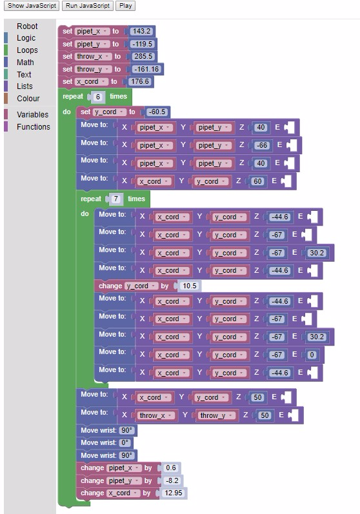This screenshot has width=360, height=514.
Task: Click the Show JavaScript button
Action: click(x=33, y=6)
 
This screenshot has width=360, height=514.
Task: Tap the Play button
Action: click(x=125, y=6)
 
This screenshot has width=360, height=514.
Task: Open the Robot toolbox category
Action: click(x=27, y=26)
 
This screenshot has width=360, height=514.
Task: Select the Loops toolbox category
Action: click(x=27, y=50)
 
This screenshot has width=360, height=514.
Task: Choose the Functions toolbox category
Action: click(x=34, y=127)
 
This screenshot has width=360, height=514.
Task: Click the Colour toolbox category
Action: click(x=28, y=99)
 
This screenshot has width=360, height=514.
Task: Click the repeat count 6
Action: click(x=98, y=97)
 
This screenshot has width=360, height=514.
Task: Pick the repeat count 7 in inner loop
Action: click(x=116, y=199)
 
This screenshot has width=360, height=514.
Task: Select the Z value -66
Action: click(x=261, y=145)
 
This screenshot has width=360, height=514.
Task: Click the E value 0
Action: click(x=312, y=355)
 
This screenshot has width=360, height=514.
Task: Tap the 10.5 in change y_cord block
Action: click(x=189, y=286)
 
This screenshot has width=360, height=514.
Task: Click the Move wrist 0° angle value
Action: click(x=125, y=443)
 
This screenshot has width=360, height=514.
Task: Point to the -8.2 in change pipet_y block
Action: click(x=172, y=480)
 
